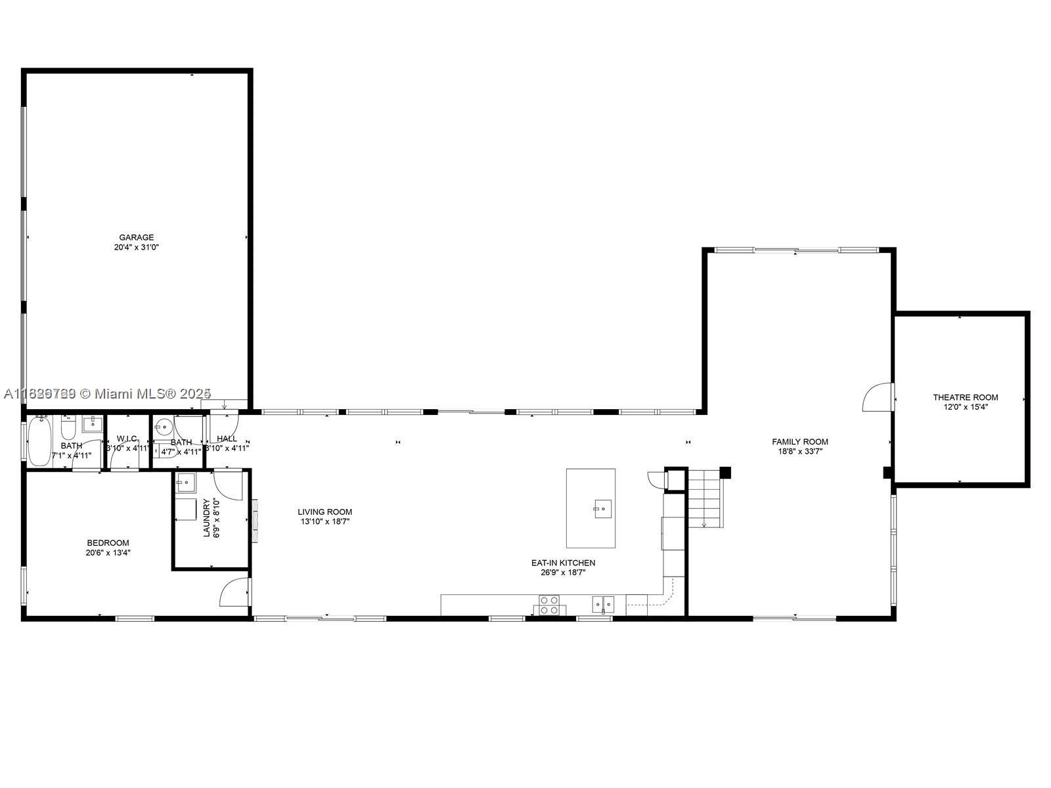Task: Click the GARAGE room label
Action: [x=136, y=238]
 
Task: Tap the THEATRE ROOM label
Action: [x=965, y=397]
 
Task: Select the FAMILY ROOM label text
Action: [x=799, y=442]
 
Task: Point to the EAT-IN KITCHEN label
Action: [x=563, y=563]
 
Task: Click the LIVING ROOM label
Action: [x=324, y=512]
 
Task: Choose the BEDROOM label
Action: [x=108, y=543]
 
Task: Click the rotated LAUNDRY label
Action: [x=207, y=518]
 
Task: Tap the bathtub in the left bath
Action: [x=40, y=440]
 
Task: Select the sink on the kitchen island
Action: [x=602, y=508]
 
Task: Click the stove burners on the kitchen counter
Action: [x=548, y=605]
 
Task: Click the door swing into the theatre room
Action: [x=878, y=398]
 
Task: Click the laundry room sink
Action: [x=186, y=483]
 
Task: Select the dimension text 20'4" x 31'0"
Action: [x=136, y=248]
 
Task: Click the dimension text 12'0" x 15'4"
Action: [x=965, y=407]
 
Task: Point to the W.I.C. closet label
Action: [x=127, y=439]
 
